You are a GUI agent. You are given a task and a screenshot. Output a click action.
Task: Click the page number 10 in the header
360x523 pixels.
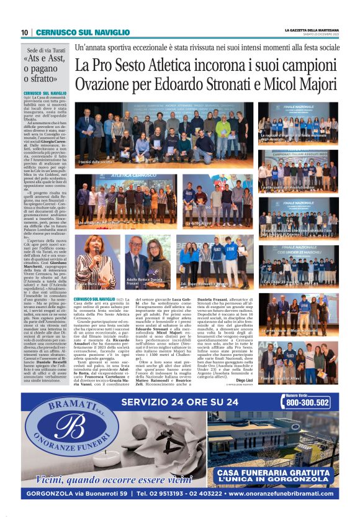(24, 32)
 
